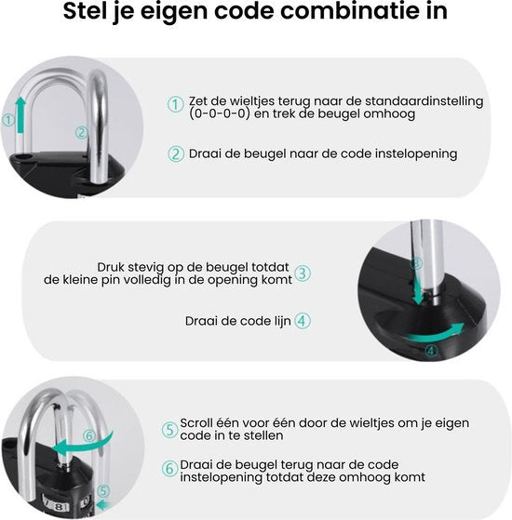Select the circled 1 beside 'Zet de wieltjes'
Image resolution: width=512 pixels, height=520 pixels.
point(175,104)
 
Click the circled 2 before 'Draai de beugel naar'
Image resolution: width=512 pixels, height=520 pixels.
point(175,153)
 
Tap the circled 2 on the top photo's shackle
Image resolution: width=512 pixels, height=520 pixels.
point(82,133)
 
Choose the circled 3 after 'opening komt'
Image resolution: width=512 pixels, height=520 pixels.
point(303,273)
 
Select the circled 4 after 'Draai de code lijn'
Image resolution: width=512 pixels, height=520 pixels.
point(303,320)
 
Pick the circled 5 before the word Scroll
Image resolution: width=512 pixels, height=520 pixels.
point(169,430)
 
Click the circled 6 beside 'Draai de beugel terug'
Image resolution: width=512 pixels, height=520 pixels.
point(169,469)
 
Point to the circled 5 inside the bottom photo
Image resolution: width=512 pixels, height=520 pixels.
point(102,491)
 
